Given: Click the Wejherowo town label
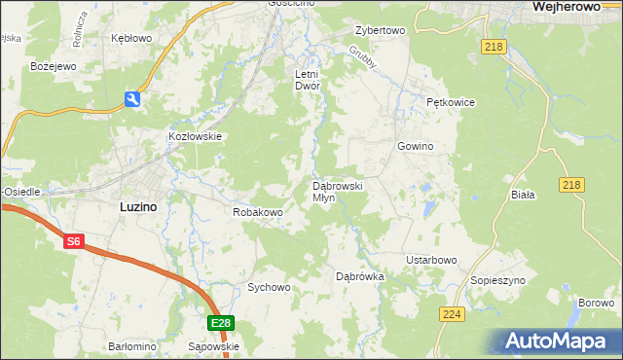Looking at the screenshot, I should (x=570, y=7).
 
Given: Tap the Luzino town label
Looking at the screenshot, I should (x=138, y=206).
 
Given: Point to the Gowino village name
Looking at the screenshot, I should (x=415, y=146).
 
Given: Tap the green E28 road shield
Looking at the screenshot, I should (x=220, y=323).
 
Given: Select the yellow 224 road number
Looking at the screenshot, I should (x=452, y=314).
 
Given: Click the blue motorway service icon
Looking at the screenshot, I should (x=132, y=99).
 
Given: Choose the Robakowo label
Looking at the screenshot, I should (x=257, y=211).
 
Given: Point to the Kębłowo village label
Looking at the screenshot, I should (x=131, y=38).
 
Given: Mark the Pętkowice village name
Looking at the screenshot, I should (x=449, y=101).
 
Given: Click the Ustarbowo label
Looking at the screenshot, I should (x=431, y=260).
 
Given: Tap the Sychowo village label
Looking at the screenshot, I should (x=269, y=287).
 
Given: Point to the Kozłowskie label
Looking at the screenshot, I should (x=197, y=137).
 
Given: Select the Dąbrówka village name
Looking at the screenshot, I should (x=360, y=276).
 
